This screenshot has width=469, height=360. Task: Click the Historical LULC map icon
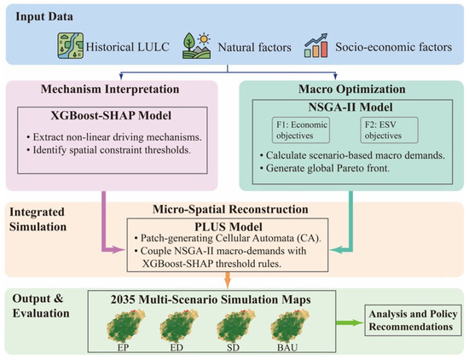[70, 46]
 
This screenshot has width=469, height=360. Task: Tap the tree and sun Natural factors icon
[196, 45]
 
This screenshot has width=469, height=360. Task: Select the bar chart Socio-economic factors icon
[316, 45]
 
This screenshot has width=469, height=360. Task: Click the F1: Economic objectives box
[301, 131]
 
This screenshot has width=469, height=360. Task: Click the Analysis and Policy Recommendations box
[413, 320]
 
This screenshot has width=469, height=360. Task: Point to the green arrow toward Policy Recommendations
[350, 322]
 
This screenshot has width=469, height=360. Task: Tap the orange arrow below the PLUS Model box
[228, 281]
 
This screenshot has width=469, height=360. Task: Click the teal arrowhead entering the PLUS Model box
[336, 250]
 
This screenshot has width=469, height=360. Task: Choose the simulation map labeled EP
[126, 326]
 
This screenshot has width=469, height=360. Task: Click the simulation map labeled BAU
[290, 326]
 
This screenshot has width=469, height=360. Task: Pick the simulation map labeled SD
[235, 326]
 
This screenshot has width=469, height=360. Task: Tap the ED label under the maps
[177, 347]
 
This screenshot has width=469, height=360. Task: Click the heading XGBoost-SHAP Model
[111, 115]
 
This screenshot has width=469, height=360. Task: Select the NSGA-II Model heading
[350, 107]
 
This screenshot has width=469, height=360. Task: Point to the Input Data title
[44, 16]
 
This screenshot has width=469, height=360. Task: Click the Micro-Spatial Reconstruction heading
[230, 210]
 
